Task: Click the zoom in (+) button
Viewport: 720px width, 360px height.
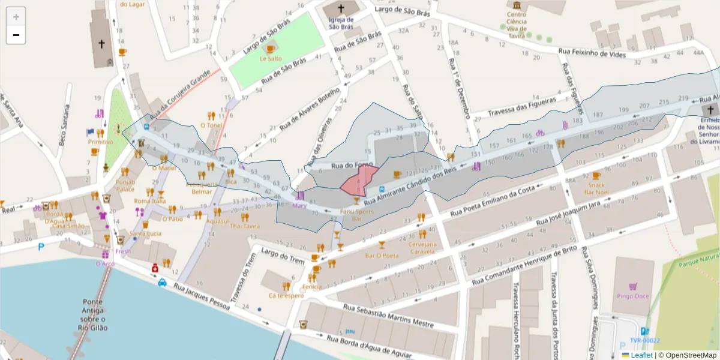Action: click(16, 17)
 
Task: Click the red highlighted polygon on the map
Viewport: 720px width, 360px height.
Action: click(359, 179)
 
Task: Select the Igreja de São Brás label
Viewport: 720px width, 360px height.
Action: click(341, 22)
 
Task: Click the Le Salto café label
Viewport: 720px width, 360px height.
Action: click(271, 59)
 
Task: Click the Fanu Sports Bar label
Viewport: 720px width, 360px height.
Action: click(356, 215)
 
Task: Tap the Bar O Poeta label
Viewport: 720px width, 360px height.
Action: click(382, 256)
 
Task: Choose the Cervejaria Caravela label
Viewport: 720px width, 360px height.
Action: click(421, 248)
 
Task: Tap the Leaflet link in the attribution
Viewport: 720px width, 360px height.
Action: click(641, 355)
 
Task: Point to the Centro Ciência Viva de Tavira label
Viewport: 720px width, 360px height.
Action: click(516, 25)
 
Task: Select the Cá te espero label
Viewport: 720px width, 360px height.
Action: click(286, 296)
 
